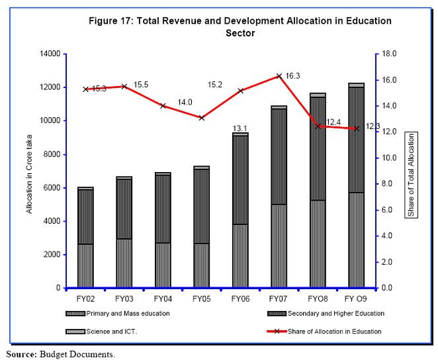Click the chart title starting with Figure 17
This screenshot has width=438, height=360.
[x=240, y=26]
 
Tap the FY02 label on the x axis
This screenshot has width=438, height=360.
[x=85, y=299]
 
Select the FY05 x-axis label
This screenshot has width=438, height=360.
[x=201, y=299]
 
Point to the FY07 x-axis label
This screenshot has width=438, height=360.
[x=279, y=299]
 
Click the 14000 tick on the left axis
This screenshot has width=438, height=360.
[x=50, y=54]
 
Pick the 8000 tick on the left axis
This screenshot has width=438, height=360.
[x=52, y=154]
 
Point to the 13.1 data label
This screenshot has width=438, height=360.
[x=240, y=128]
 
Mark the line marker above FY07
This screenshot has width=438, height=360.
[x=279, y=76]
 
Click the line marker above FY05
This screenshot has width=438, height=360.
[x=201, y=118]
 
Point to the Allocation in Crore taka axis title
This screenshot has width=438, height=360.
[x=29, y=170]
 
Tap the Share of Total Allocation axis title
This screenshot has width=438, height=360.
[x=411, y=170]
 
